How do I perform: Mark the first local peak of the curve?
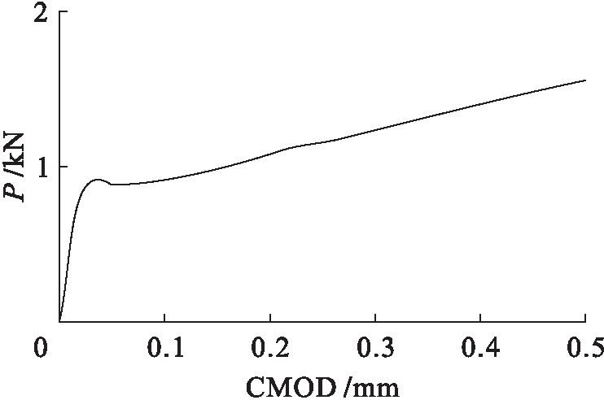point(97,180)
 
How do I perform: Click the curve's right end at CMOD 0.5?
point(585,80)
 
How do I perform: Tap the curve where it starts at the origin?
point(60,320)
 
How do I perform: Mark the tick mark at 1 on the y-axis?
point(63,167)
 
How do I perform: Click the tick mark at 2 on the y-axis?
point(63,14)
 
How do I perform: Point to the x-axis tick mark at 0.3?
point(375,318)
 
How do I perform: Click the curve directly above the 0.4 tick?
point(480,103)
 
